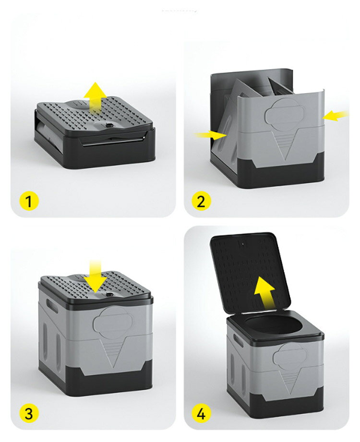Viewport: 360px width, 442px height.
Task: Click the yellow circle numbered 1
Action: [28, 201]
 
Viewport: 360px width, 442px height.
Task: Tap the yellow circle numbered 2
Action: [201, 201]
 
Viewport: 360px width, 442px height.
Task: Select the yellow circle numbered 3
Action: [28, 414]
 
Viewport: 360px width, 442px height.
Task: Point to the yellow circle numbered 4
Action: [201, 414]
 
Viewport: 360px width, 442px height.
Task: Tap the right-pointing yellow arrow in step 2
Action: [211, 135]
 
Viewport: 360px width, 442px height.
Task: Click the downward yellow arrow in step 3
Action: [96, 277]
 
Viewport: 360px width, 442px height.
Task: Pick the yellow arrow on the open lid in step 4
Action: [264, 292]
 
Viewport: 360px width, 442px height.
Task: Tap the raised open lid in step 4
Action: [251, 273]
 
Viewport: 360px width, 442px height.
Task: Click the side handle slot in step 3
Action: [52, 306]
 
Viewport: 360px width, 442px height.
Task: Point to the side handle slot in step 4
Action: [239, 341]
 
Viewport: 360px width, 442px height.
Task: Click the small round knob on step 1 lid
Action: [109, 125]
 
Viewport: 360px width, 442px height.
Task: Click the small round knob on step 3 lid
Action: [109, 294]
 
